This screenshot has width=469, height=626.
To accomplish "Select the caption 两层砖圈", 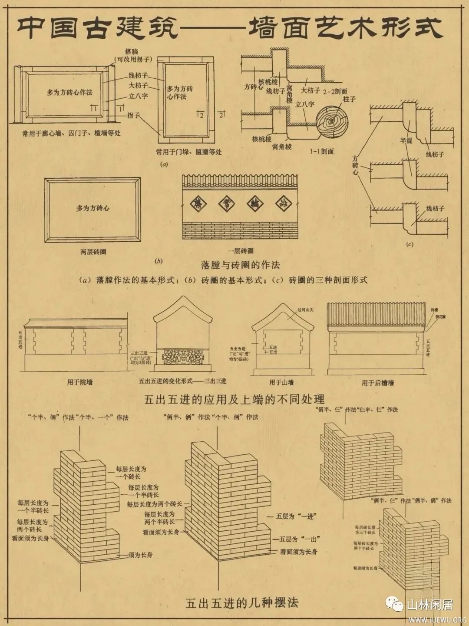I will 93,252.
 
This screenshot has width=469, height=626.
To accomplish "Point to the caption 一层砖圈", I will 240,251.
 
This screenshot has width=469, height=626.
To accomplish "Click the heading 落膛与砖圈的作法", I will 240,265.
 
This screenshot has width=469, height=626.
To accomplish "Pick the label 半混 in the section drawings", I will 406,141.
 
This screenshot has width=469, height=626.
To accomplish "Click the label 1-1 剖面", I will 322,152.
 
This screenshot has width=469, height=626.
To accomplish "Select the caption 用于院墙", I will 79,382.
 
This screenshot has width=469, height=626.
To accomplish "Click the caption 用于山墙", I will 281,383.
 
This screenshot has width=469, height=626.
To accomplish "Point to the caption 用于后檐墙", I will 378,383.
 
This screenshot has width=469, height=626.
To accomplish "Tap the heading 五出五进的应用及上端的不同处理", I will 234,399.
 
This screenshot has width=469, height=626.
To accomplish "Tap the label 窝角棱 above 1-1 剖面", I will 282,147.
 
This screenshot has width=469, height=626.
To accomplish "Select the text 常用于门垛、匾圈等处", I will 189,152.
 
